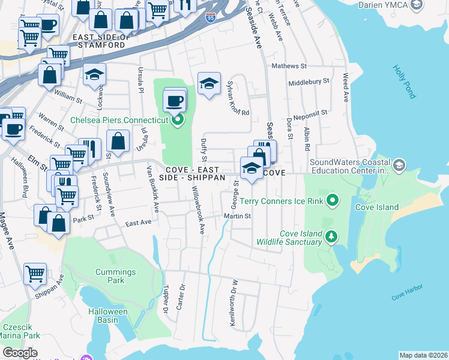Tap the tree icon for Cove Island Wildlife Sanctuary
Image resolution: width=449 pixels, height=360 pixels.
click(x=331, y=238)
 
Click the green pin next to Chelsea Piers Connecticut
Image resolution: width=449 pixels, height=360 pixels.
click(x=177, y=121)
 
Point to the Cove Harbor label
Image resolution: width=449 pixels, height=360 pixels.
click(x=407, y=296)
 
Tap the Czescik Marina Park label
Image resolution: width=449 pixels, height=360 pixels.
click(x=20, y=331)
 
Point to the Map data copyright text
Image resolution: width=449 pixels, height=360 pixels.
click(x=423, y=355)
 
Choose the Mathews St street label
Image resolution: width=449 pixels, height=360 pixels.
click(x=289, y=66)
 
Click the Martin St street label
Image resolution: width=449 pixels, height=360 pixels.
click(x=237, y=216)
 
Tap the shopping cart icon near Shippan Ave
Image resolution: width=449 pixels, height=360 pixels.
click(x=35, y=274)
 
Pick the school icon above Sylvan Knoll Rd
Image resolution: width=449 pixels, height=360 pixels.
click(x=209, y=83)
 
